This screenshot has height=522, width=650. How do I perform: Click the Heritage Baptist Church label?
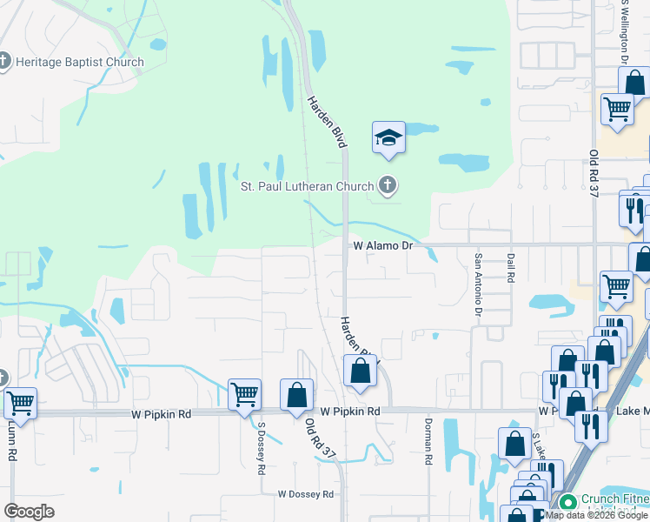click(x=81, y=62)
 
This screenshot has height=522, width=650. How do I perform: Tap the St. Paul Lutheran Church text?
click(x=308, y=186)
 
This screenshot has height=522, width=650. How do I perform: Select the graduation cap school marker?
click(x=388, y=137)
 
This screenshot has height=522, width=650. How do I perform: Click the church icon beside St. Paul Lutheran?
click(x=388, y=185)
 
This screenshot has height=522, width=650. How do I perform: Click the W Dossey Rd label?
click(x=306, y=494)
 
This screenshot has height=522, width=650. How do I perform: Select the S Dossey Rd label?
click(x=261, y=449)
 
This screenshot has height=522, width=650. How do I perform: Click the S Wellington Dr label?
click(x=624, y=33)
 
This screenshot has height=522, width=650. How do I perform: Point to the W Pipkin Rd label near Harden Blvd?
click(x=350, y=411)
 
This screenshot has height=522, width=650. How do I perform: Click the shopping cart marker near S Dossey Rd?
click(x=244, y=394)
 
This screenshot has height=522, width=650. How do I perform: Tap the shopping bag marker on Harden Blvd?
click(x=360, y=371)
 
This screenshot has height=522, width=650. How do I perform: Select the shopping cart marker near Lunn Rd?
click(x=20, y=404)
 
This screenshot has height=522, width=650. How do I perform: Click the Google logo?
click(x=29, y=512)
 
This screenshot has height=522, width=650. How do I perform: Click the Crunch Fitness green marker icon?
click(x=567, y=502)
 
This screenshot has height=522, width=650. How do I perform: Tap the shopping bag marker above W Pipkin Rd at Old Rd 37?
click(x=297, y=394)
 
